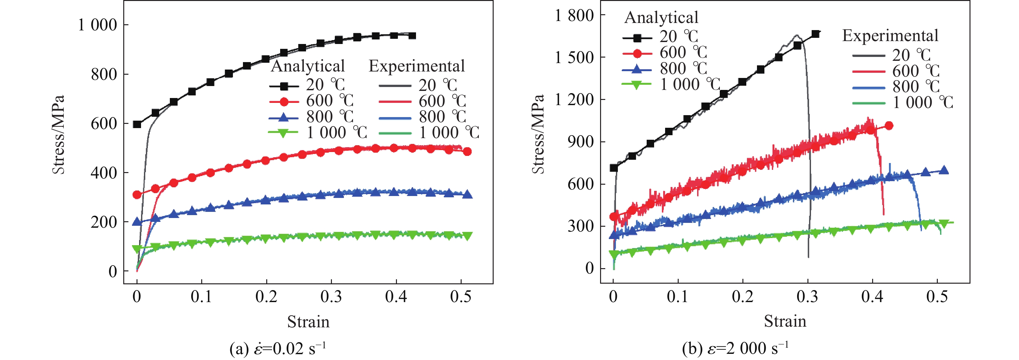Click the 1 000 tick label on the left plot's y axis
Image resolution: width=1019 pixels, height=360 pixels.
coord(98,25)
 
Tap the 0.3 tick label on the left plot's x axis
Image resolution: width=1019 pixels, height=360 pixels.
coord(331,297)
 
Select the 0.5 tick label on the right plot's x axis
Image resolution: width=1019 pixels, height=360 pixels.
coord(937,297)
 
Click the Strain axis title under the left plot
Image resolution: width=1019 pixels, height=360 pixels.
coord(308,322)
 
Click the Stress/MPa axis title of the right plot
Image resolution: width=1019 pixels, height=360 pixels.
coord(538,135)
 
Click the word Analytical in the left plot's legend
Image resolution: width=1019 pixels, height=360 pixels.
coord(308,66)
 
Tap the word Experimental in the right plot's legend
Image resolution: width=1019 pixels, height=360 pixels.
coord(890,36)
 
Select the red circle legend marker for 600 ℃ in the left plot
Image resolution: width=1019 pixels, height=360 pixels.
coord(284,102)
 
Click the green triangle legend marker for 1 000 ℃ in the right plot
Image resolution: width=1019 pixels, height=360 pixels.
coord(637,85)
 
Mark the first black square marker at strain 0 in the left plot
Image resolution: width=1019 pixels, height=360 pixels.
coord(137,124)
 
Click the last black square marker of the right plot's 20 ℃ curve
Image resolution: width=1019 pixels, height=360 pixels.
coord(815,34)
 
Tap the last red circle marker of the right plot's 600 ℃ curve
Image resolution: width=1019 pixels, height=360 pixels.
coord(889,126)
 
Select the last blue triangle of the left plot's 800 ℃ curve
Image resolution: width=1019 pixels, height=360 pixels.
coord(467,194)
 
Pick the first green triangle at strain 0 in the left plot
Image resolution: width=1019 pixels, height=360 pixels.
coord(137,249)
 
